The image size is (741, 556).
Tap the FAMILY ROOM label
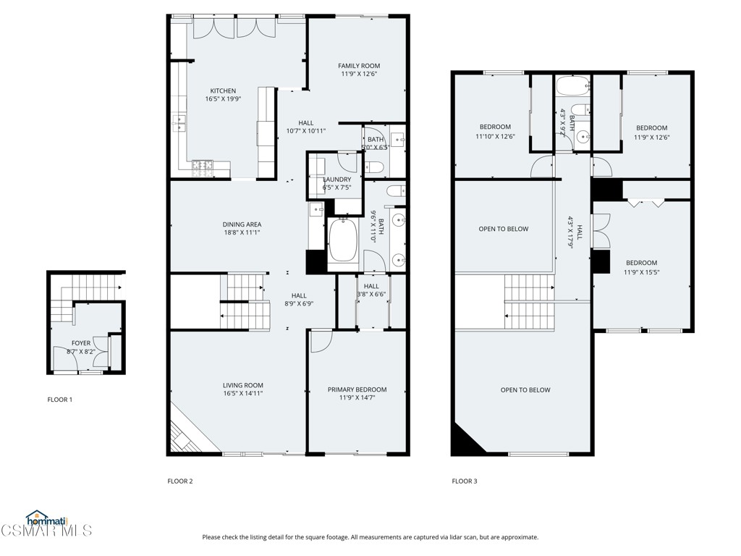pos(360,66)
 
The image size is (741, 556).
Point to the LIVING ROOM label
pos(242,386)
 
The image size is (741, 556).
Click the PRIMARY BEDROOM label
pos(357,389)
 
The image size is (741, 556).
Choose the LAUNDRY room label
pos(337,180)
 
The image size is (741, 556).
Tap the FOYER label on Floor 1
pos(81,343)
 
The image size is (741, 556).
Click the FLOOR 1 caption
pos(60,400)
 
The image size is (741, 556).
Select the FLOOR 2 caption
pos(180,481)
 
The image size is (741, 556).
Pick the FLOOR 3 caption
pos(465,481)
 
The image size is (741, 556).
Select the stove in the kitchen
pos(203,167)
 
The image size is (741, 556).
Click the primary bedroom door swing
pos(318,340)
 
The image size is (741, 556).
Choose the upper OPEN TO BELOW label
pos(504,229)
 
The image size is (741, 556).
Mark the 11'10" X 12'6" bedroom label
pos(495,127)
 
